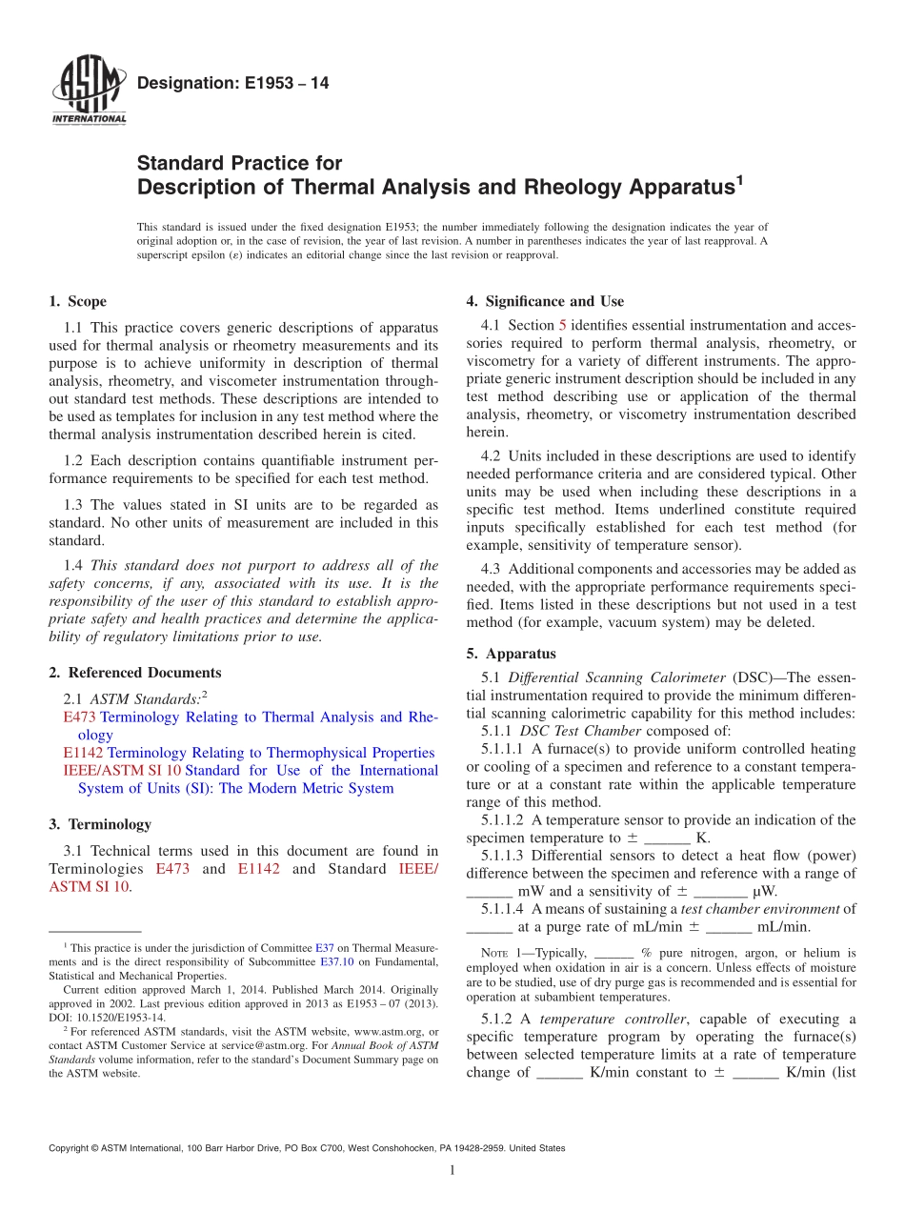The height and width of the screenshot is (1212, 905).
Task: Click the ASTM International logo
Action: coord(88,91)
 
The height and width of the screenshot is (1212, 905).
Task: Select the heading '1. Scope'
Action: coord(77,302)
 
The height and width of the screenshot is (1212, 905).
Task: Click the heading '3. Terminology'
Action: coord(99,824)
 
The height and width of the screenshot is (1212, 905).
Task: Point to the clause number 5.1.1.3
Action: coord(505,856)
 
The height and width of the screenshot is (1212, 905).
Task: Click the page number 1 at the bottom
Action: coord(452,1170)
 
